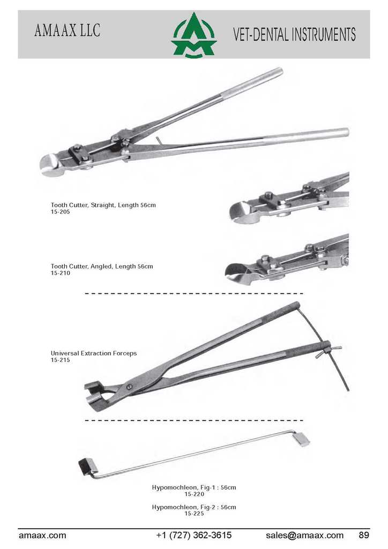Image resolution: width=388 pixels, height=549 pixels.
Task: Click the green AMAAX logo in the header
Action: [194, 35]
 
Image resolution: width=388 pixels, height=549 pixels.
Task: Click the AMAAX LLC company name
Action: [68, 31]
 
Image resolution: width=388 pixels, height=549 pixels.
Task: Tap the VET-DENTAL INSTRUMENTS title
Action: [294, 34]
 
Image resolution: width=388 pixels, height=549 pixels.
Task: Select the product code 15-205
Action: [60, 212]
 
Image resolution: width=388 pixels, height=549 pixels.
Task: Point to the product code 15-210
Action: [60, 273]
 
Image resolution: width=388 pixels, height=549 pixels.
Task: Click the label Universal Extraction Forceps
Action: [94, 353]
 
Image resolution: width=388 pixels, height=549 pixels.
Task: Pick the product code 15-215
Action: [60, 360]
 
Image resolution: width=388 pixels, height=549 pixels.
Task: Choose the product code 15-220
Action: [194, 494]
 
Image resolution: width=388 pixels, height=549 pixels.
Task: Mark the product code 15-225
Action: [194, 514]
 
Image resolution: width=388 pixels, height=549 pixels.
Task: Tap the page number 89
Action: [364, 535]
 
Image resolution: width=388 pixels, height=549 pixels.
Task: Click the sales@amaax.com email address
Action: [304, 536]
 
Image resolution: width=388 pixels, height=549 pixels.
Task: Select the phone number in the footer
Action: [194, 536]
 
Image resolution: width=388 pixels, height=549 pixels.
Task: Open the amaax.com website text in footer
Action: [42, 536]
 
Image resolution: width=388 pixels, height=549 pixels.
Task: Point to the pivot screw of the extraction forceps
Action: [130, 387]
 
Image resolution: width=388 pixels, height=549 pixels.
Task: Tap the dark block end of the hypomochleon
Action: [86, 467]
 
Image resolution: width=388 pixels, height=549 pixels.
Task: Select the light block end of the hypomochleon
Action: [301, 440]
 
